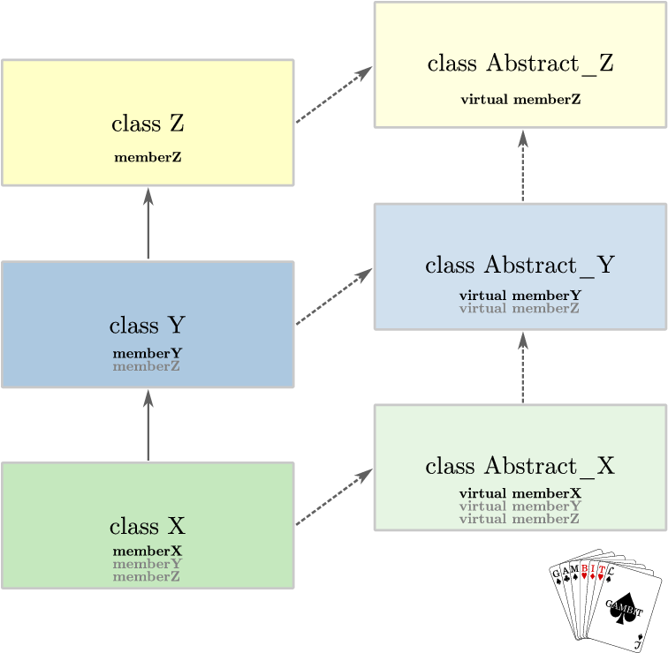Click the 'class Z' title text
coord(148,124)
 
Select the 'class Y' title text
coord(148,325)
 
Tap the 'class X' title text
coord(148,527)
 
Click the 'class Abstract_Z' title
coord(520,64)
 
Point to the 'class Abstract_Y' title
coord(520,265)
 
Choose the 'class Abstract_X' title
coord(520,466)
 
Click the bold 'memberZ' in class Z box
coord(148,158)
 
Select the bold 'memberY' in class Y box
coord(148,353)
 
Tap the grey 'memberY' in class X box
coord(148,564)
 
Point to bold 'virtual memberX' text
coord(520,493)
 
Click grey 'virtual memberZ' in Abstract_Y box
coord(520,308)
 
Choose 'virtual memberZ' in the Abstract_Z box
coord(520,99)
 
